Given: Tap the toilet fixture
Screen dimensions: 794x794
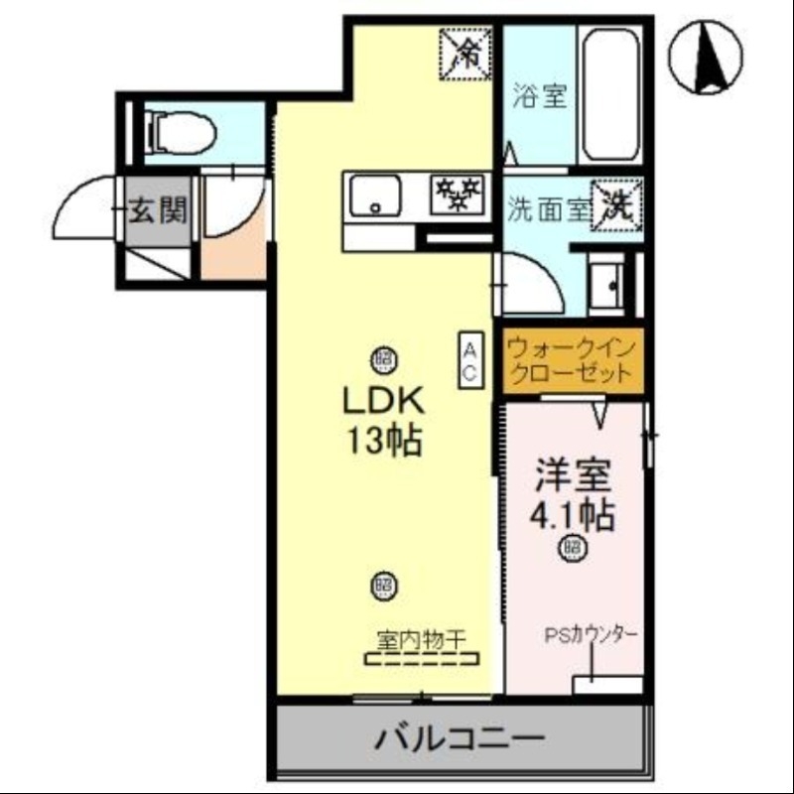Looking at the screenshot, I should click(x=180, y=131).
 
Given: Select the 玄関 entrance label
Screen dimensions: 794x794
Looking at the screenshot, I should click(x=158, y=210).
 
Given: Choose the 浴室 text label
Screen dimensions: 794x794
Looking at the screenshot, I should click(x=539, y=96).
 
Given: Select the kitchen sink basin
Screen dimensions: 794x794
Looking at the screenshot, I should click(x=373, y=196).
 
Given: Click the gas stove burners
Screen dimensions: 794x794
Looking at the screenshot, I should click(x=458, y=193).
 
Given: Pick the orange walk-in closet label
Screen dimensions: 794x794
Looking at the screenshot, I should click(x=570, y=361).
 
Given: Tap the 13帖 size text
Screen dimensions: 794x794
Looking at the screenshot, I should click(x=384, y=439).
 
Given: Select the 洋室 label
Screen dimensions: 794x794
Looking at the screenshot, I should click(x=573, y=474).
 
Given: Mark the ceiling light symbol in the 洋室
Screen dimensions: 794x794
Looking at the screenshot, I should click(x=572, y=546).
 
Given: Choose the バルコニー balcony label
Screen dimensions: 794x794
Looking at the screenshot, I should click(x=460, y=738).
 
